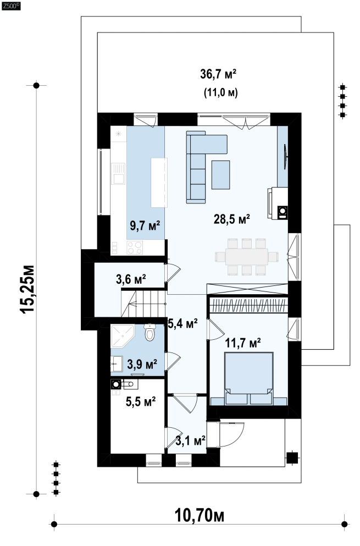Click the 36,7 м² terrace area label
tap(218, 74)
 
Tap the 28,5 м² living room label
tap(231, 219)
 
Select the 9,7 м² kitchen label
tap(145, 225)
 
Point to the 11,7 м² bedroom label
tap(243, 343)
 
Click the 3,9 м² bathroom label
tap(142, 364)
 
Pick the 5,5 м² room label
tap(141, 401)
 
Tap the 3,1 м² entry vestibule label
tap(191, 441)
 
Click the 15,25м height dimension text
tap(28, 289)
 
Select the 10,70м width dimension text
tap(199, 515)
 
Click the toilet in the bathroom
tap(149, 332)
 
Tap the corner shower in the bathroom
tap(122, 337)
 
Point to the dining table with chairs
tap(246, 257)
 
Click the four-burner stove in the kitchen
tap(135, 247)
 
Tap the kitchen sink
tap(118, 174)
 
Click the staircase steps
tap(143, 304)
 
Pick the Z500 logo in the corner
tap(11, 6)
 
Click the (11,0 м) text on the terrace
tap(221, 92)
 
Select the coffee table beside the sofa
tap(221, 175)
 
